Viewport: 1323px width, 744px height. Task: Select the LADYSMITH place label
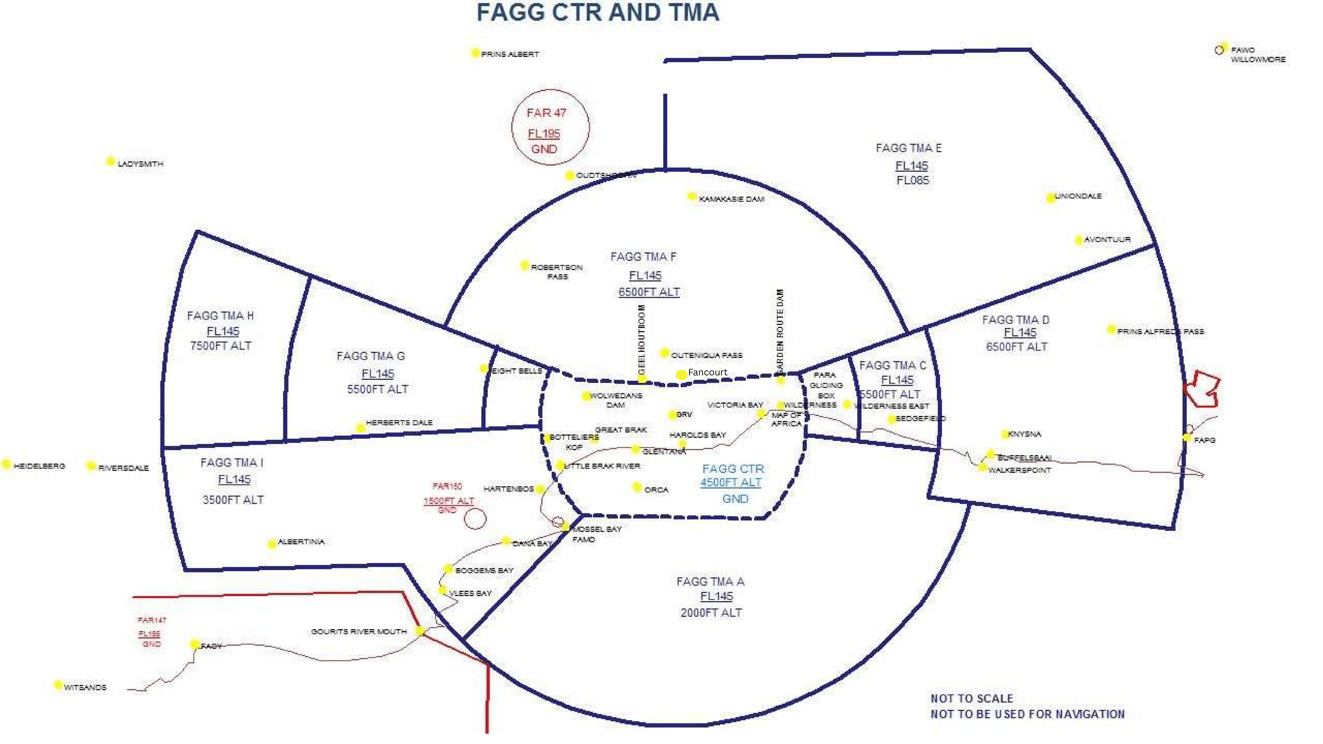coord(140,164)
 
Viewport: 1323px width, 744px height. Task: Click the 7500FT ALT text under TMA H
coord(221,346)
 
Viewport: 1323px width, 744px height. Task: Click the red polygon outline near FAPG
coord(1202,389)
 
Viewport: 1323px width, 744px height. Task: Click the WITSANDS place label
coord(85,688)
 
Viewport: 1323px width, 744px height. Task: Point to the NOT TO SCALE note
coord(972,699)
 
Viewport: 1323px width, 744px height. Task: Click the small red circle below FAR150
coord(475,518)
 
